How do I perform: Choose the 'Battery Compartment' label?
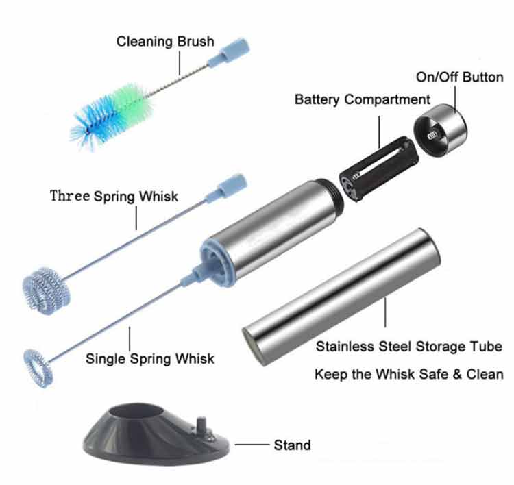pyautogui.click(x=362, y=99)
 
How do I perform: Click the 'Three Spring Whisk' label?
pyautogui.click(x=114, y=197)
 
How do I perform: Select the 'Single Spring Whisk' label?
pyautogui.click(x=149, y=358)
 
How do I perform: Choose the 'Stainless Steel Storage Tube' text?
pyautogui.click(x=409, y=347)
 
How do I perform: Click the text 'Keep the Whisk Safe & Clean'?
pyautogui.click(x=408, y=375)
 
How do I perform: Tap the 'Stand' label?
pyautogui.click(x=292, y=445)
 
